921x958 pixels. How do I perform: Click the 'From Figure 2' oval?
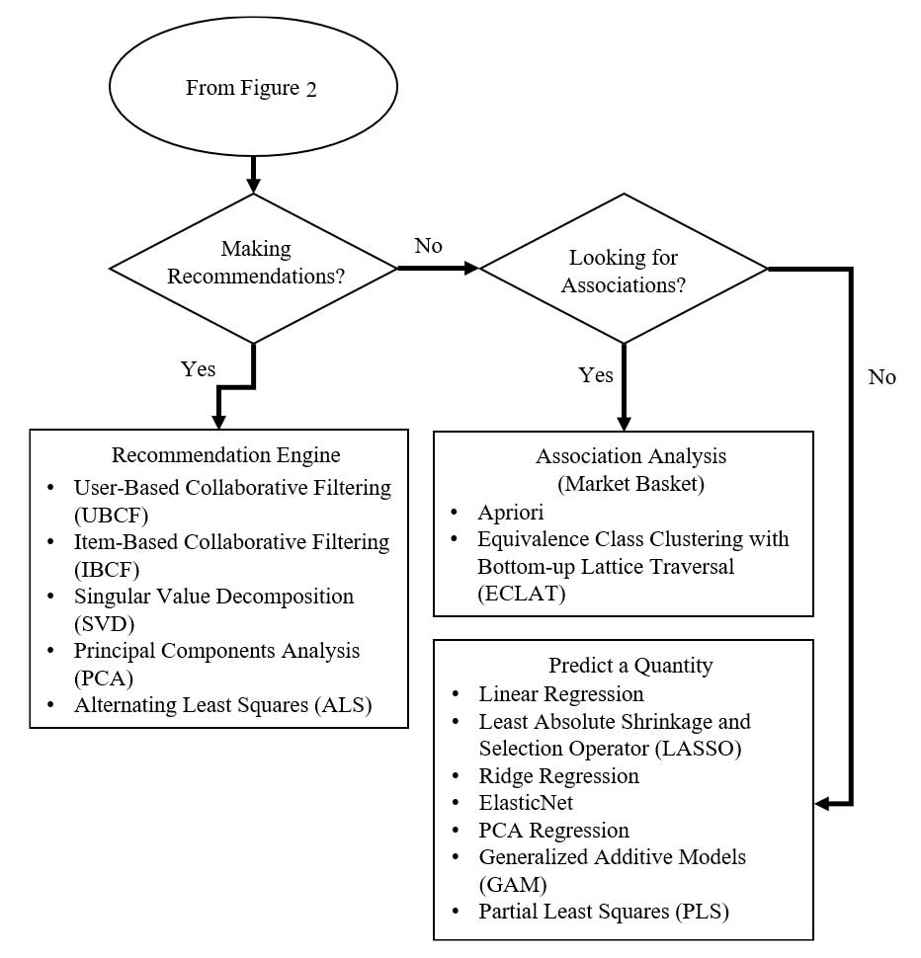coord(252,88)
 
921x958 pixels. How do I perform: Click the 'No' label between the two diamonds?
coord(429,245)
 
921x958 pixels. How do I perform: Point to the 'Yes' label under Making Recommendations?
coord(198,368)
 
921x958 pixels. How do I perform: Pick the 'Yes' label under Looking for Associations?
coord(595,375)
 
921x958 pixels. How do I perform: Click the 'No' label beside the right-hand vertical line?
coord(882,376)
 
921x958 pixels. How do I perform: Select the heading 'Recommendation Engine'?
coord(225,455)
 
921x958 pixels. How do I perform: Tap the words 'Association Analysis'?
coord(630,456)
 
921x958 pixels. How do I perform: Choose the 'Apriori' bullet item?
coord(510,513)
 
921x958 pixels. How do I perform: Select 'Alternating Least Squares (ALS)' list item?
coord(222,705)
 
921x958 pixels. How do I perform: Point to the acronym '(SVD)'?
coord(103,624)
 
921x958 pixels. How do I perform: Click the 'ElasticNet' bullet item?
coord(526,803)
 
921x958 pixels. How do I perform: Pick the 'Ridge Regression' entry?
coord(558,775)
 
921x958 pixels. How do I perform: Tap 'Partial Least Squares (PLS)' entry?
coord(603,912)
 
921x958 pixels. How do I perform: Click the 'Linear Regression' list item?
coord(560,693)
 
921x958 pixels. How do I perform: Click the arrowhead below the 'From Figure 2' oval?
coord(254,185)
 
